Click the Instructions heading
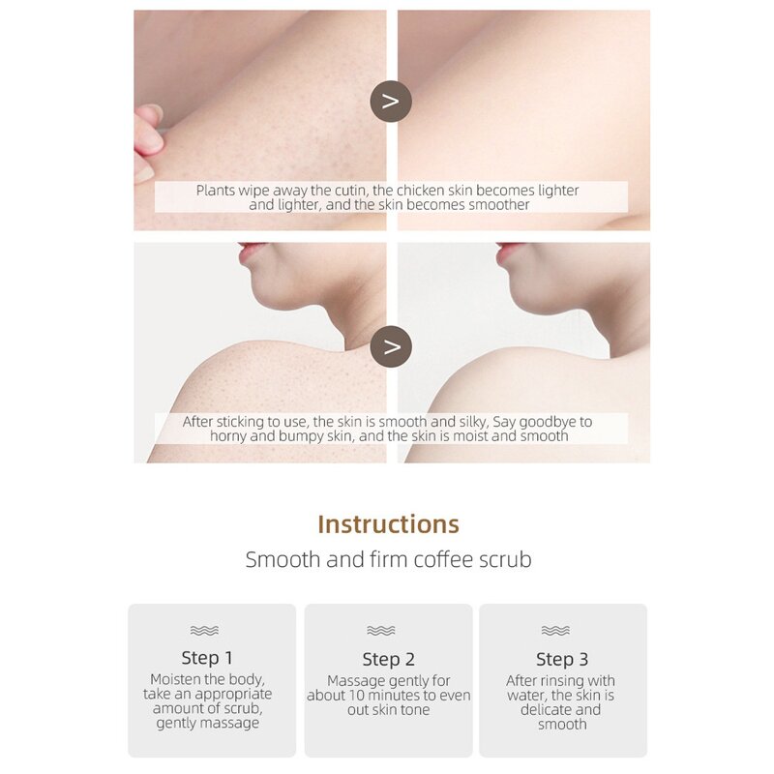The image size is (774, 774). pyautogui.click(x=388, y=524)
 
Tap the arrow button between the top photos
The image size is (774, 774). pyautogui.click(x=391, y=102)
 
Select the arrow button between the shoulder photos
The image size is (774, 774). pyautogui.click(x=391, y=346)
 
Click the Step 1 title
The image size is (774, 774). pyautogui.click(x=207, y=658)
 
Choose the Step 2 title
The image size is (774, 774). pyautogui.click(x=389, y=659)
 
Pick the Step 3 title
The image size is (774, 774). pyautogui.click(x=562, y=659)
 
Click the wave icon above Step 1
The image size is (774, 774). pyautogui.click(x=204, y=631)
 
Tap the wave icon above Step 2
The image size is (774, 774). pyautogui.click(x=381, y=631)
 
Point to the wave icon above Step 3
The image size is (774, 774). pyautogui.click(x=555, y=631)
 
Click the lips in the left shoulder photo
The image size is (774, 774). pyautogui.click(x=251, y=252)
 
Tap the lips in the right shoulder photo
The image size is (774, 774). pyautogui.click(x=509, y=252)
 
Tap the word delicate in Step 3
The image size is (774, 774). pyautogui.click(x=544, y=710)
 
